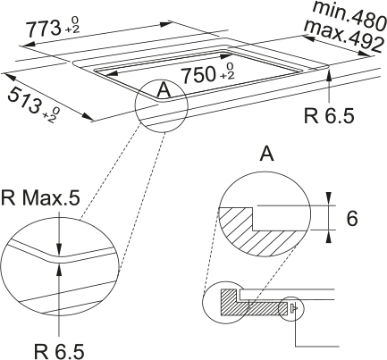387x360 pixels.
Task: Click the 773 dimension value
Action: tap(43, 29)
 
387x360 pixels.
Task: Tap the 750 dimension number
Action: tap(198, 74)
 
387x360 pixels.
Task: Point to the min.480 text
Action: tap(349, 15)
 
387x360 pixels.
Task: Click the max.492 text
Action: tap(343, 36)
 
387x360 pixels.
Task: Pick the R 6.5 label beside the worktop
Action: tap(329, 115)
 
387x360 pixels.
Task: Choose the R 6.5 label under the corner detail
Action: tap(59, 351)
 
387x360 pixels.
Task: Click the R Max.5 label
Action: tap(40, 198)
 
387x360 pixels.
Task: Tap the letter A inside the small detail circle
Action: tap(164, 90)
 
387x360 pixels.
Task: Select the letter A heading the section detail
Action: tap(266, 154)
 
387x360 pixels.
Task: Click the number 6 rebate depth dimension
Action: tap(352, 219)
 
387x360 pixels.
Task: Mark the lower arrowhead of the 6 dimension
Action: tap(328, 237)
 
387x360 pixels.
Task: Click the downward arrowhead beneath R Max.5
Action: tap(59, 249)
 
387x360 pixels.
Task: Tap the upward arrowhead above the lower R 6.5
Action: tap(59, 269)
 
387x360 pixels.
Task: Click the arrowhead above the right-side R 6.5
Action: tap(329, 75)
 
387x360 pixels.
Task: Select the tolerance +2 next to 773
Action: tap(72, 29)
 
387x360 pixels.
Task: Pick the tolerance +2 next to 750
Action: tap(227, 75)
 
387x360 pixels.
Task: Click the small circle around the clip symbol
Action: tap(290, 309)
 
